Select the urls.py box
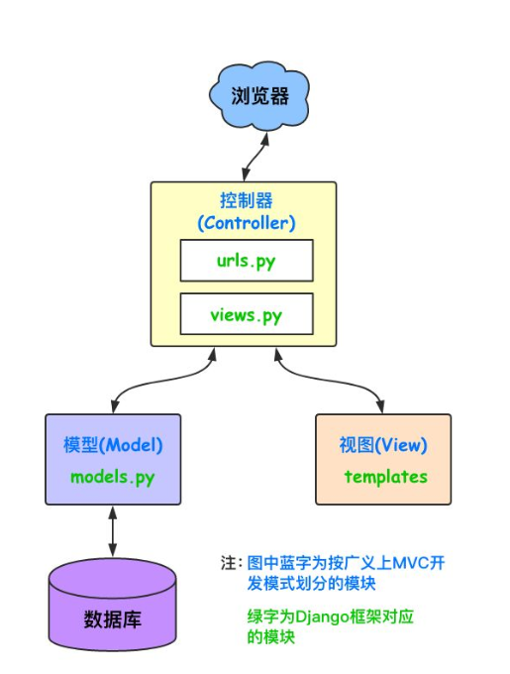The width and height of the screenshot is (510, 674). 247,261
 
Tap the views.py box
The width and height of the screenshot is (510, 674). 247,315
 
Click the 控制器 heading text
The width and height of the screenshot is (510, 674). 247,200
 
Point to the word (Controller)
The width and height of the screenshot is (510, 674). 247,222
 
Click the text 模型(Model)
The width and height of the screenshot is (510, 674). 112,445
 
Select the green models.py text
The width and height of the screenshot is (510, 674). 112,476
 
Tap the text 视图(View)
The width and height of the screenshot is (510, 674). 383,445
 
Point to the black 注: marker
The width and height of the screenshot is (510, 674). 230,562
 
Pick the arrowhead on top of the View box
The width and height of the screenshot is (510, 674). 382,407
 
